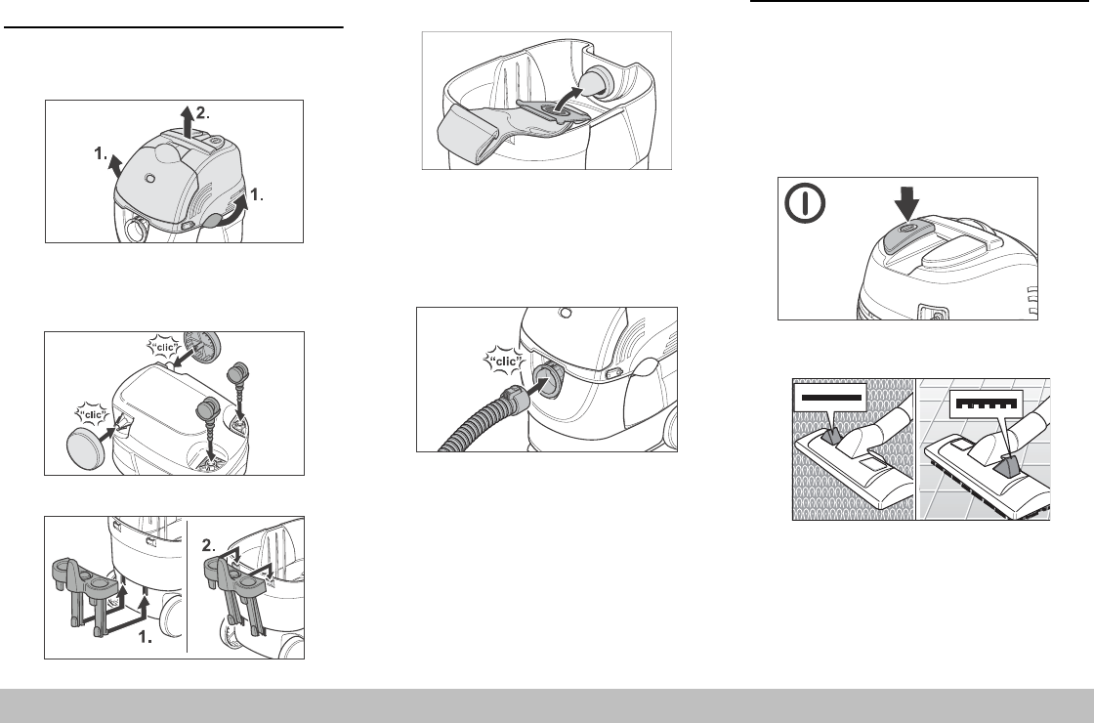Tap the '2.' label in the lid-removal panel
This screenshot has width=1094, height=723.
point(202,112)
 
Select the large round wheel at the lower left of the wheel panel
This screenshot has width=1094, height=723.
point(85,448)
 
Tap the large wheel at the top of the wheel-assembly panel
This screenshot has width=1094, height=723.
point(201,347)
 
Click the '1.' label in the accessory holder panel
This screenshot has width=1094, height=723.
point(145,636)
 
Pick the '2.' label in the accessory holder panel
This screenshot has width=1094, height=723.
point(209,545)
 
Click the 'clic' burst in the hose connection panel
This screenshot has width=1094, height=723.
point(504,361)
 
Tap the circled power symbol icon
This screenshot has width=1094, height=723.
point(805,203)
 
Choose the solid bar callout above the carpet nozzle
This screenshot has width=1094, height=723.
point(830,398)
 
